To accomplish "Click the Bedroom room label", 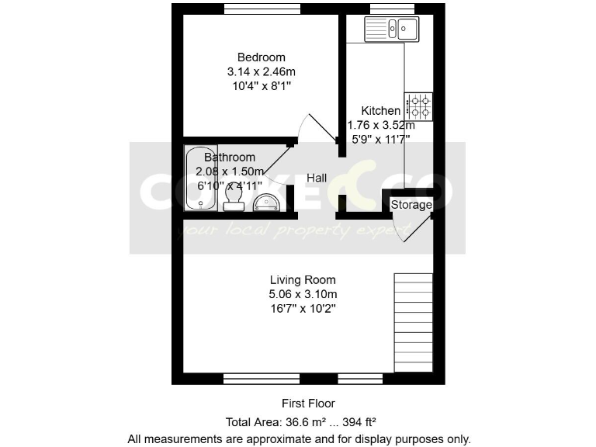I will [261, 57].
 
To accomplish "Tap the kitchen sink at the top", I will [392, 30].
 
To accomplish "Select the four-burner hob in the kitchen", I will [421, 106].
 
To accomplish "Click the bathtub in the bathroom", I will [201, 178].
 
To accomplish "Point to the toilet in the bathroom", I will [232, 201].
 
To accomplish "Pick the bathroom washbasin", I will [269, 202].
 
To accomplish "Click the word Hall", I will [316, 178].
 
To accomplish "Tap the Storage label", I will [411, 205].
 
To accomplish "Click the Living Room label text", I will [303, 279].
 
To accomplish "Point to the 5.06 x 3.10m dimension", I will [303, 294].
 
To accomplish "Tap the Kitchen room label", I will [380, 111].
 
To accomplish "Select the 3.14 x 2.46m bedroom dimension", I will [261, 71].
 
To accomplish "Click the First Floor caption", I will [308, 404].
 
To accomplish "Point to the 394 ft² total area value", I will [358, 421].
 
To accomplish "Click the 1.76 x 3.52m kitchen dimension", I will [380, 125].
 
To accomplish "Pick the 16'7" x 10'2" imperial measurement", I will [303, 308].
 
